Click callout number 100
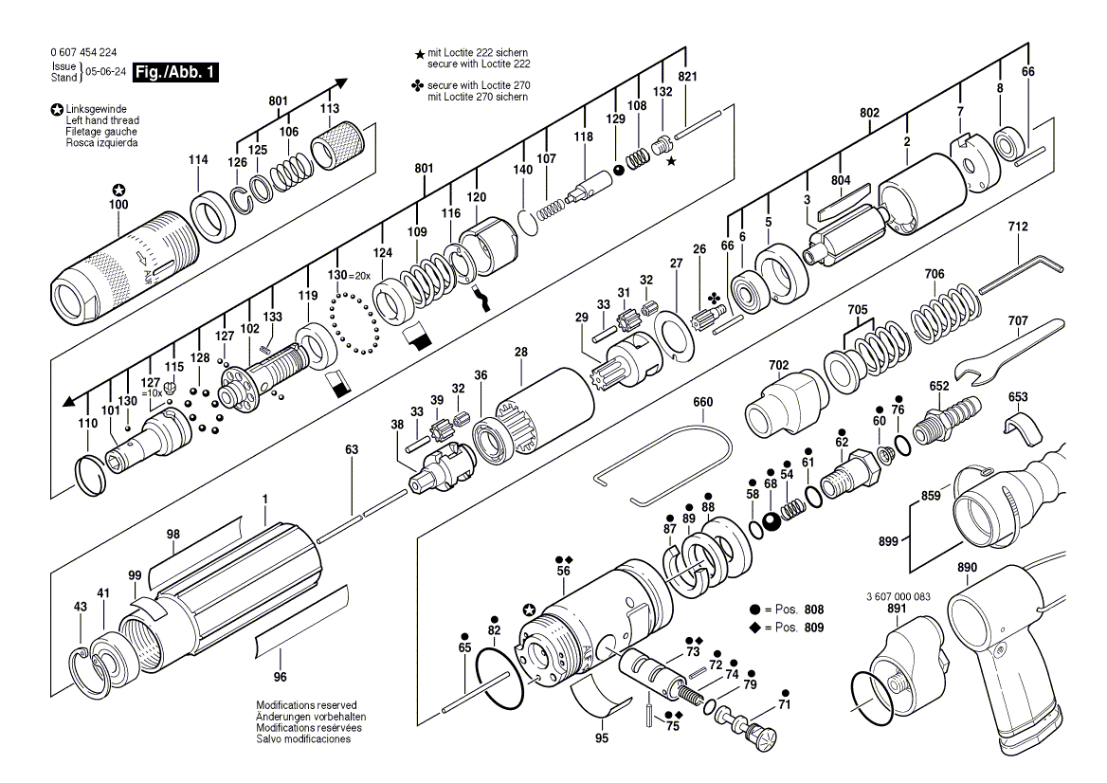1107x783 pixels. pos(118,205)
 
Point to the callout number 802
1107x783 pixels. pos(869,113)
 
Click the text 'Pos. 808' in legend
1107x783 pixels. pos(800,610)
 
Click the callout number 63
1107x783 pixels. pos(352,450)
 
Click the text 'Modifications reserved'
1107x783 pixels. pos(306,705)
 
